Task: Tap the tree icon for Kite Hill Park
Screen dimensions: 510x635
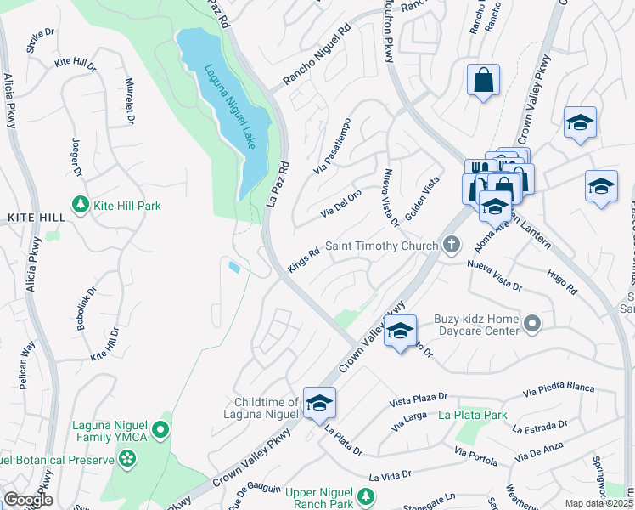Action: click(81, 206)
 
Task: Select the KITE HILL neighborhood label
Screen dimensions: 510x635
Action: click(37, 218)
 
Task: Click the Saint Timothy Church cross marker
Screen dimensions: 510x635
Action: click(452, 246)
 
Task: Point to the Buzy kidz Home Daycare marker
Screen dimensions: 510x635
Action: click(532, 323)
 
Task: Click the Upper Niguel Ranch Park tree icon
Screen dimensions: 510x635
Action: click(365, 496)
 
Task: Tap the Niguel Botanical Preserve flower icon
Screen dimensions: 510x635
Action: click(127, 460)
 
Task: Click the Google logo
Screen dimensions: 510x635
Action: click(28, 500)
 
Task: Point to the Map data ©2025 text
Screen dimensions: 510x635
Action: click(598, 503)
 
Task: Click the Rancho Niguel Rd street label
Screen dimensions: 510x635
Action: click(317, 65)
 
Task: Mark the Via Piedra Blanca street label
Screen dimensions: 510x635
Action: click(559, 389)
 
